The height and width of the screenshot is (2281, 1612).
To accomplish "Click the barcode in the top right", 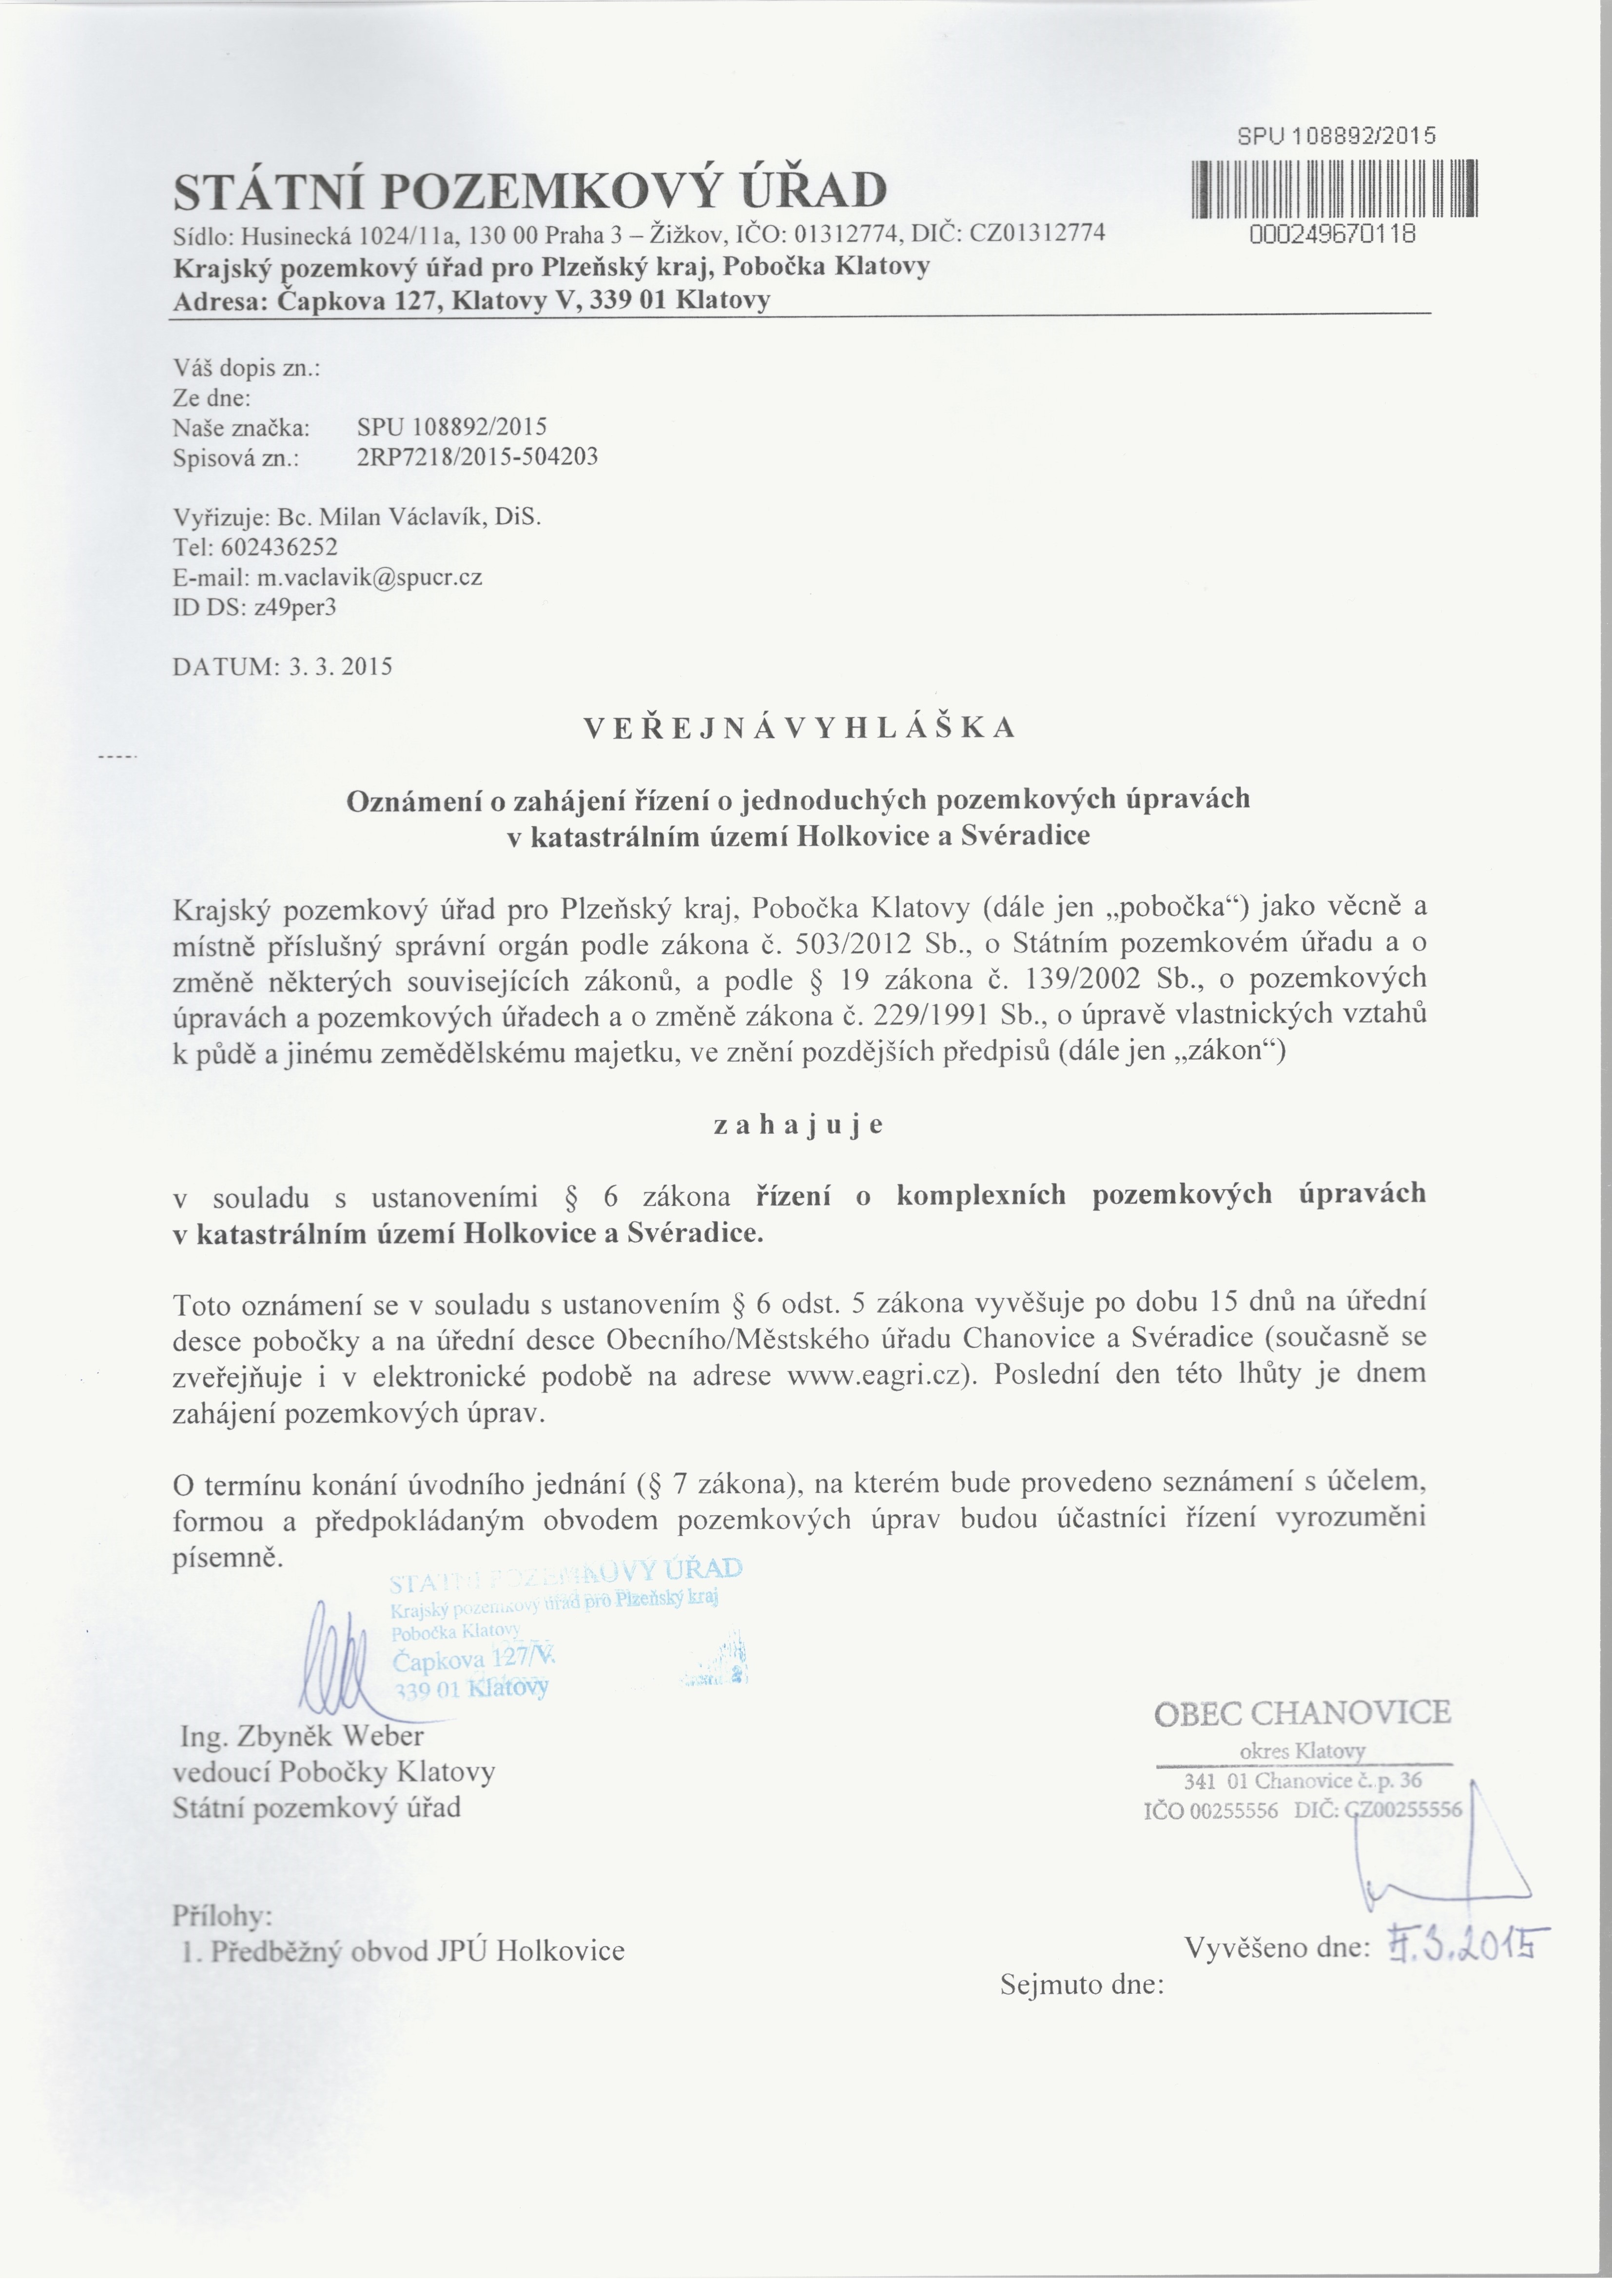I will click(1333, 189).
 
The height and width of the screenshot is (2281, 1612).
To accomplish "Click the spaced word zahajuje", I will click(798, 1125).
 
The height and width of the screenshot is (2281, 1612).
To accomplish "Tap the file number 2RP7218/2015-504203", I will click(477, 457).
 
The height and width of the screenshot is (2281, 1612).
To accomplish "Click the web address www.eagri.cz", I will click(873, 1374).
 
